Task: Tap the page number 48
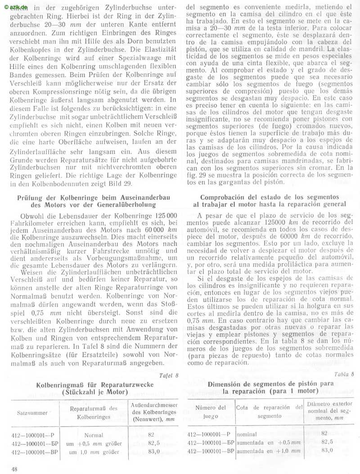click(x=15, y=469)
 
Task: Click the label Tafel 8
click(x=169, y=375)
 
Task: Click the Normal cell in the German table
click(x=94, y=435)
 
